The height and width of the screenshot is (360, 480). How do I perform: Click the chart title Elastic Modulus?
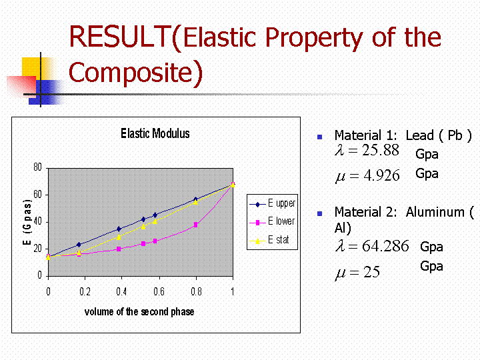[x=155, y=133]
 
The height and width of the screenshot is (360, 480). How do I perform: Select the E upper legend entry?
[x=273, y=203]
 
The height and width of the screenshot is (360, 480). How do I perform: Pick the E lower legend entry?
[x=272, y=221]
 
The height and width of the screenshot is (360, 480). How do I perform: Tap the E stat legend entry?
[x=269, y=240]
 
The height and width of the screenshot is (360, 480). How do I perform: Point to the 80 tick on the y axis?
[x=37, y=167]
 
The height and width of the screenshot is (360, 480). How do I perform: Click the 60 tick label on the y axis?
[x=37, y=195]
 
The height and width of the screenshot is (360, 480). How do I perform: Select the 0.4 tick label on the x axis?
[x=121, y=291]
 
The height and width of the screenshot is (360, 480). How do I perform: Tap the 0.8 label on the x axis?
[x=196, y=291]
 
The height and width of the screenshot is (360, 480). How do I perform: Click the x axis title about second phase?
[x=139, y=311]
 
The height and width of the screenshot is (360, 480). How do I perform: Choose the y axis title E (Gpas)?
[x=27, y=222]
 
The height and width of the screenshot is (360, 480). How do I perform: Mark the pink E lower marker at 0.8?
[x=195, y=225]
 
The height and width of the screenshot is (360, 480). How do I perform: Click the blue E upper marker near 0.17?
[x=79, y=245]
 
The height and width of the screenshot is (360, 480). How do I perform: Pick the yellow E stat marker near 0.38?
[x=119, y=237]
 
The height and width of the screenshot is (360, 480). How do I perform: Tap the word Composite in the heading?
[x=131, y=72]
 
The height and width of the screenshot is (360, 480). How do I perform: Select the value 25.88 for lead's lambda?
[x=381, y=150]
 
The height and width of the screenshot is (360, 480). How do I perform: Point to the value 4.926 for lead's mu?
[x=382, y=175]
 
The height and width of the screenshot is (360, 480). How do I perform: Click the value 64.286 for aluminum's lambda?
[x=385, y=246]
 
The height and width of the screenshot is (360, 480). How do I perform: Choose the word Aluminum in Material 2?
[x=435, y=212]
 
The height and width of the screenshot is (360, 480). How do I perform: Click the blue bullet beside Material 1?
[x=320, y=137]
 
